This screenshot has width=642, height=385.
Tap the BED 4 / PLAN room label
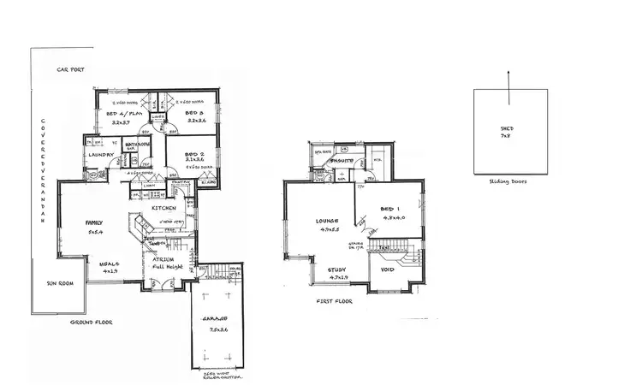click(x=118, y=113)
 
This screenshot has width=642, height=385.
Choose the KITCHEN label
click(x=163, y=208)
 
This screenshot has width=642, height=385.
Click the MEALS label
click(x=109, y=264)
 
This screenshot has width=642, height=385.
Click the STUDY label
click(x=338, y=269)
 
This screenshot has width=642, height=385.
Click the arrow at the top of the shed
click(x=510, y=78)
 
